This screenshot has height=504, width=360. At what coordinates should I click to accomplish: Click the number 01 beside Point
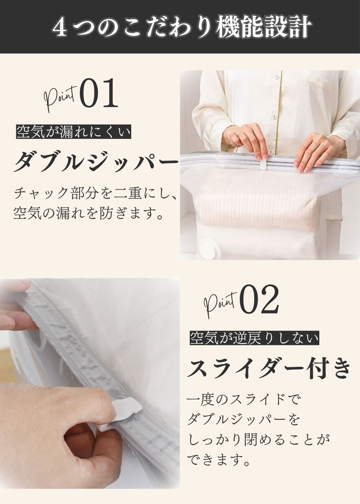pos(99,93)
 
